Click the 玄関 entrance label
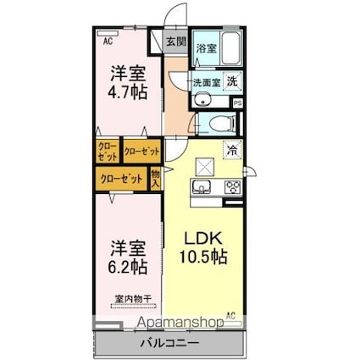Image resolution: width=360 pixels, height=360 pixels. pyautogui.click(x=176, y=42)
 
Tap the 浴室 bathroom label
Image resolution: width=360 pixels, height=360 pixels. pyautogui.click(x=207, y=48)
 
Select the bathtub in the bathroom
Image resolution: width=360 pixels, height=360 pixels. pyautogui.click(x=231, y=47)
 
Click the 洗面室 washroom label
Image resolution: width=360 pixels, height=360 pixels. pyautogui.click(x=207, y=83)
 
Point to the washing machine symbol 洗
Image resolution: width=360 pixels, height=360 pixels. pyautogui.click(x=233, y=81)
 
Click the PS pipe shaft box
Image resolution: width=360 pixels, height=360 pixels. pyautogui.click(x=237, y=103)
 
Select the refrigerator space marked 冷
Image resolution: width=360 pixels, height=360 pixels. pyautogui.click(x=233, y=149)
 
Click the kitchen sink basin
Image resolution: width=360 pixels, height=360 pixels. pyautogui.click(x=202, y=187)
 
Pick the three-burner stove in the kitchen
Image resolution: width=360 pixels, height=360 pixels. pyautogui.click(x=233, y=187)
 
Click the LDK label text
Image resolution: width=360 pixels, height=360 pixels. pyautogui.click(x=202, y=239)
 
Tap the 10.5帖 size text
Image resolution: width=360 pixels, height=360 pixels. pyautogui.click(x=204, y=257)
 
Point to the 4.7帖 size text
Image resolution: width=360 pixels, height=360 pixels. pyautogui.click(x=128, y=91)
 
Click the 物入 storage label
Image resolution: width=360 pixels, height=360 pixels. pyautogui.click(x=156, y=179)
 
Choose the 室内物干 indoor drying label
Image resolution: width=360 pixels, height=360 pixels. pyautogui.click(x=134, y=298)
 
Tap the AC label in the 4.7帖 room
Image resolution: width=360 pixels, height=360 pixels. pyautogui.click(x=108, y=42)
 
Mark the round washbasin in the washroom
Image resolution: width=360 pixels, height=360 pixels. pyautogui.click(x=202, y=99)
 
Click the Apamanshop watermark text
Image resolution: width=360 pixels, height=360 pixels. pyautogui.click(x=180, y=323)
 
